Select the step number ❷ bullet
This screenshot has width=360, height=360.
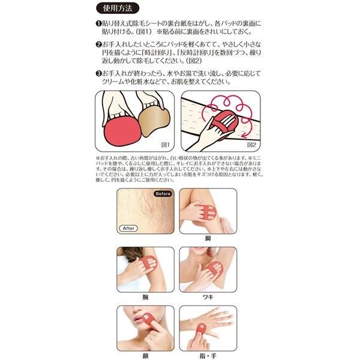(x=98, y=45)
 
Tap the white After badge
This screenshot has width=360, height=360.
(x=128, y=228)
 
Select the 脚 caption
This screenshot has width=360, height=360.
(x=223, y=238)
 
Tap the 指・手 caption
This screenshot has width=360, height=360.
(x=223, y=355)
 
